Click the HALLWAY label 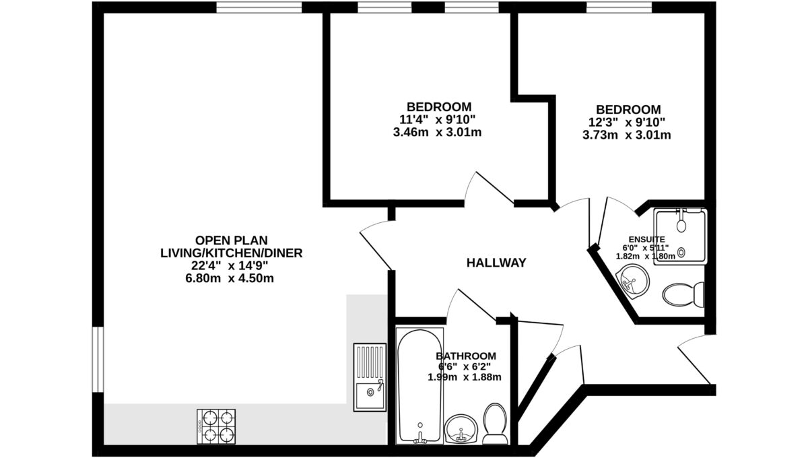(496, 263)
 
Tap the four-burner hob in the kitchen (216, 426)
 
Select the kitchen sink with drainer (370, 377)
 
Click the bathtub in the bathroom (419, 386)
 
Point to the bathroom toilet (495, 424)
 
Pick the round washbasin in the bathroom (461, 429)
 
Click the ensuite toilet (683, 294)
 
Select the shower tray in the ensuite (680, 236)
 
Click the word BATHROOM (466, 356)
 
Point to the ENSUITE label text (647, 239)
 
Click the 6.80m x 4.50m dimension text (230, 279)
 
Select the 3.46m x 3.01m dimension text (437, 133)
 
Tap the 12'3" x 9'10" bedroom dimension (627, 123)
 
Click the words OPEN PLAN (231, 240)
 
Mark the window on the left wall (98, 360)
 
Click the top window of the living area (259, 7)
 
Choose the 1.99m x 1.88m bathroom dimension (464, 377)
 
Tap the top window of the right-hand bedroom (619, 7)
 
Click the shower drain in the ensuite (681, 253)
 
